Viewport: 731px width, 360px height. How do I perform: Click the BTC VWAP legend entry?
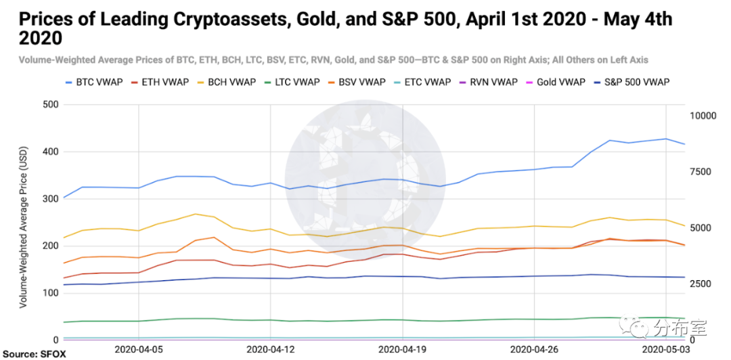(93, 83)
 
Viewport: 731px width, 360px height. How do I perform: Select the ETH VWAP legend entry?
(167, 83)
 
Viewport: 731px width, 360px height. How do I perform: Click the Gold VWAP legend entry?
(560, 83)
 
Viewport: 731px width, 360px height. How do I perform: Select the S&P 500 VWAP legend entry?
(635, 83)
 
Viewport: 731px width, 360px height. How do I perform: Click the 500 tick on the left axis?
(50, 105)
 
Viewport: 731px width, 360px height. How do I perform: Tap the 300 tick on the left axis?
(50, 199)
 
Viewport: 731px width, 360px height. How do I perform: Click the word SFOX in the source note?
(57, 354)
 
